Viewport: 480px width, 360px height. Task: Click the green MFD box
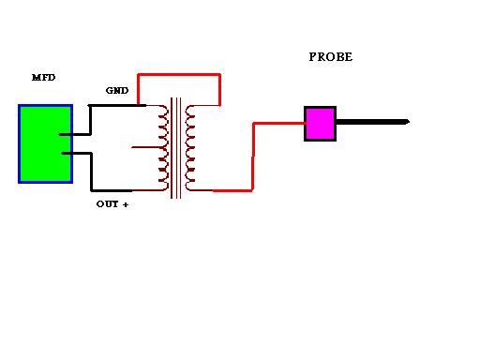(x=46, y=143)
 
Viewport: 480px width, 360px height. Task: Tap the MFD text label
(x=44, y=78)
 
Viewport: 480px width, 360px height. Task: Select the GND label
(x=117, y=91)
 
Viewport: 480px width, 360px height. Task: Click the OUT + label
(x=112, y=204)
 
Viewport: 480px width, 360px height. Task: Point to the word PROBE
(x=331, y=57)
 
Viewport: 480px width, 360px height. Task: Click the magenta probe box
(x=320, y=124)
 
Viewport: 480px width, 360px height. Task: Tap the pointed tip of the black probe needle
(x=410, y=122)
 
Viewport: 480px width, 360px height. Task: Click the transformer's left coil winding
(x=163, y=148)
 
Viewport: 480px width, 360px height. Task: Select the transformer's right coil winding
(x=190, y=148)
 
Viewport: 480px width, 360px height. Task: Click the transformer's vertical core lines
(x=176, y=148)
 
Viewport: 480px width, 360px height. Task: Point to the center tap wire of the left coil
(x=146, y=147)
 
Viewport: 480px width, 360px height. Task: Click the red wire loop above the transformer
(x=179, y=74)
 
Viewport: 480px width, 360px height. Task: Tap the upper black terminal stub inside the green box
(x=74, y=135)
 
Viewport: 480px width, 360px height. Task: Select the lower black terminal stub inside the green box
(x=77, y=153)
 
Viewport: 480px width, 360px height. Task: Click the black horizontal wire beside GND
(x=117, y=106)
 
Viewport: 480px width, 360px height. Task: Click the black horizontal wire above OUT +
(x=112, y=190)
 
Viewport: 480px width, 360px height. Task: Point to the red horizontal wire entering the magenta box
(x=279, y=124)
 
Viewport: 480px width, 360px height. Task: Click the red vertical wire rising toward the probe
(x=253, y=157)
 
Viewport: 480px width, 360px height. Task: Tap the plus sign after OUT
(x=126, y=205)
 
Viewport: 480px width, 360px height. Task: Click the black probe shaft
(x=373, y=122)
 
